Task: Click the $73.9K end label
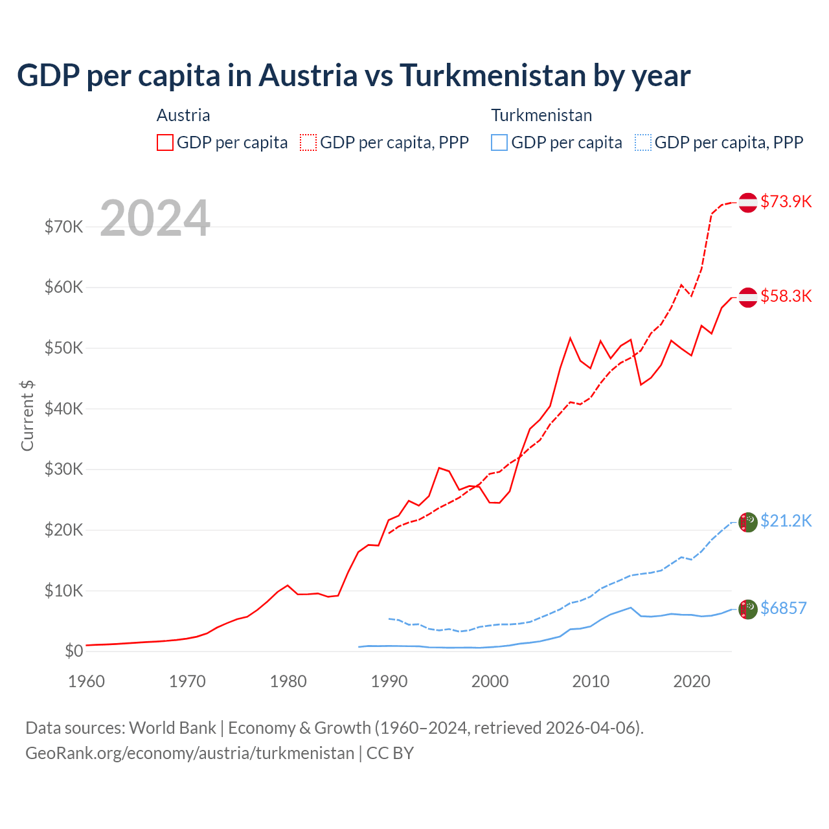(786, 201)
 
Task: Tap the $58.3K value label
(786, 296)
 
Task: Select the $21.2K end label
(786, 521)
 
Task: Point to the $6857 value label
(783, 608)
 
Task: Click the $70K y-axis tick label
(64, 227)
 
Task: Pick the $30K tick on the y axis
(64, 469)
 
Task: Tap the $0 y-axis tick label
(74, 651)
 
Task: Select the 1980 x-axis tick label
(288, 681)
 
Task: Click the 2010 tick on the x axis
(591, 681)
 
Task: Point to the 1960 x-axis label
(87, 681)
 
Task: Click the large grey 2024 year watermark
(155, 218)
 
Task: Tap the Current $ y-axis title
(27, 415)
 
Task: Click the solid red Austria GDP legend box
(165, 142)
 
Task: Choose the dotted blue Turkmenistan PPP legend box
(643, 142)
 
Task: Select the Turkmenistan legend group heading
(541, 115)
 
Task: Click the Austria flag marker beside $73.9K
(748, 202)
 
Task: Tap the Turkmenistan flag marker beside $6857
(748, 609)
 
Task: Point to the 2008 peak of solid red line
(570, 338)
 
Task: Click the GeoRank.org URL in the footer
(190, 753)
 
